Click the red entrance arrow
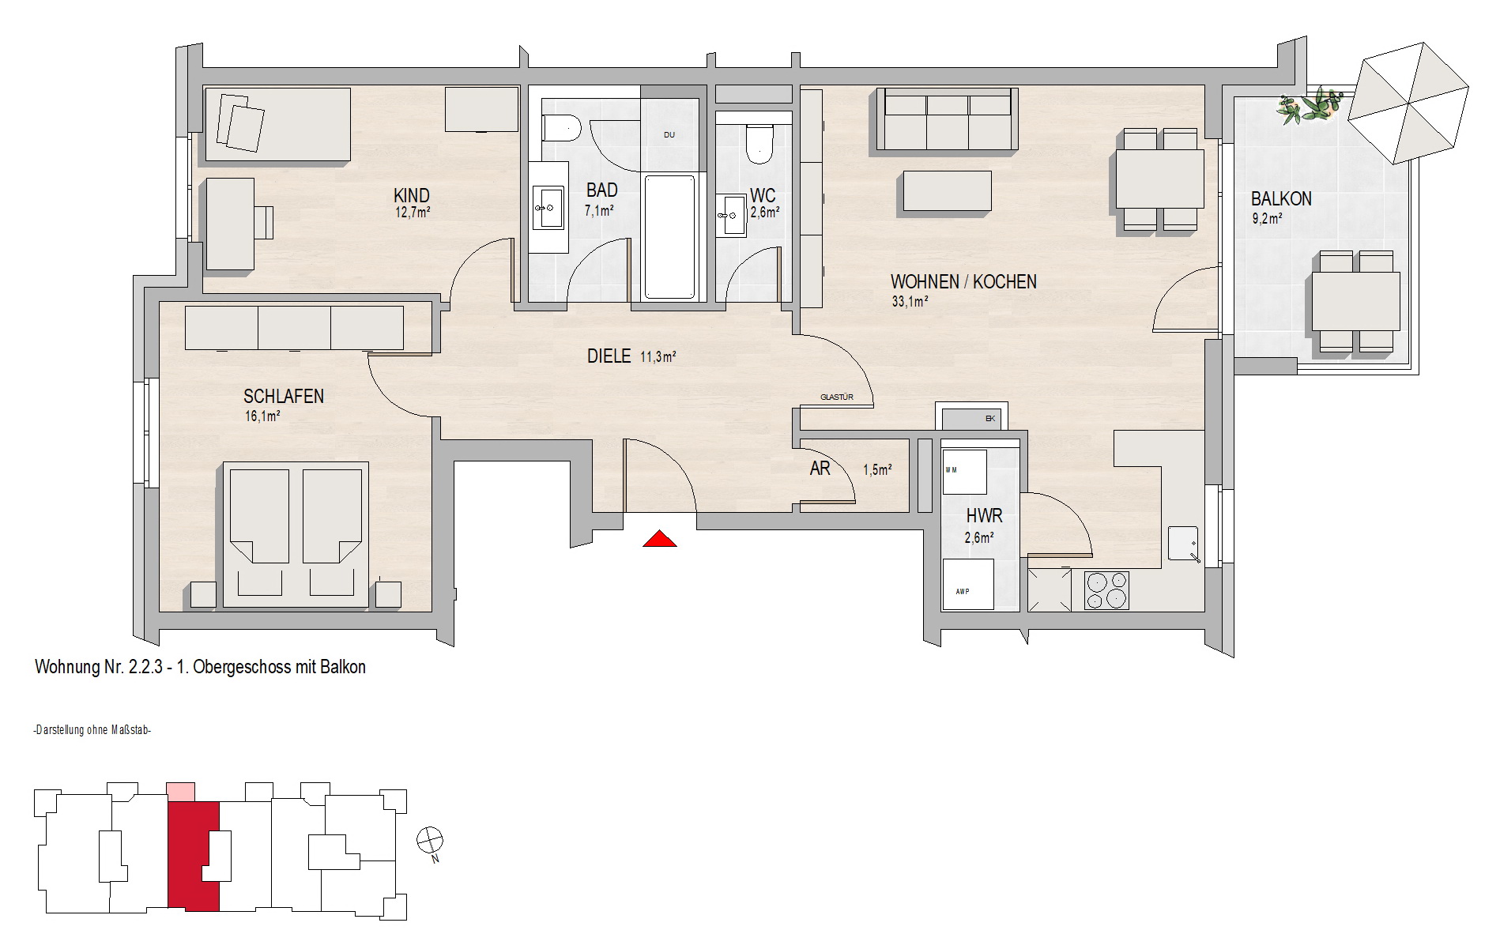point(659,539)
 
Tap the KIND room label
point(412,196)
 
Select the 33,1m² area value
point(910,301)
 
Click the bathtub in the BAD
point(669,237)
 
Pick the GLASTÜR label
point(837,397)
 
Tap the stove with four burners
point(1106,590)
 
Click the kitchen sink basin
point(1183,544)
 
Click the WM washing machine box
point(964,472)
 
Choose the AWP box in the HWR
point(967,584)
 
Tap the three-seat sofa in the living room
point(945,119)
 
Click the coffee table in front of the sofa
point(947,191)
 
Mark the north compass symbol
point(430,841)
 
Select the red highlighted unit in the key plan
point(194,856)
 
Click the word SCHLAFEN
point(284,397)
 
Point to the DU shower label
point(669,135)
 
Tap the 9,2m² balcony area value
point(1267,219)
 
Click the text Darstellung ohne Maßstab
point(92,730)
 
